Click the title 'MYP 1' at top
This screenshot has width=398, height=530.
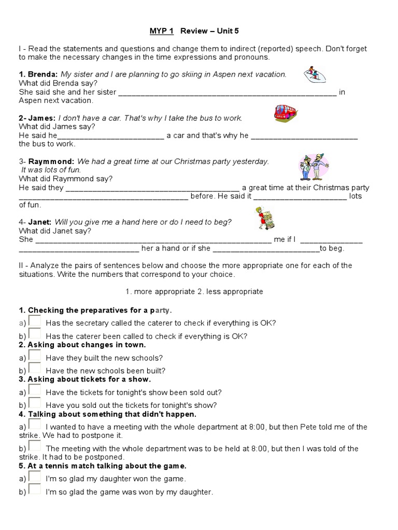click(161, 31)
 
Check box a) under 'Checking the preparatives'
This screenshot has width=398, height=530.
click(35, 321)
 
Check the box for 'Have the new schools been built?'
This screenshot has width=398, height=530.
click(35, 369)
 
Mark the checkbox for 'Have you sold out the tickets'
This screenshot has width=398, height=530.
click(35, 404)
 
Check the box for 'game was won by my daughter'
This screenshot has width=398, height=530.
click(35, 490)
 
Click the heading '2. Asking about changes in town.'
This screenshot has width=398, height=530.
click(82, 345)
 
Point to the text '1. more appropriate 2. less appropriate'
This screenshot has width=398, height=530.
click(194, 291)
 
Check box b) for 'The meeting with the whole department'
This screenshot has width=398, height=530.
click(35, 447)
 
